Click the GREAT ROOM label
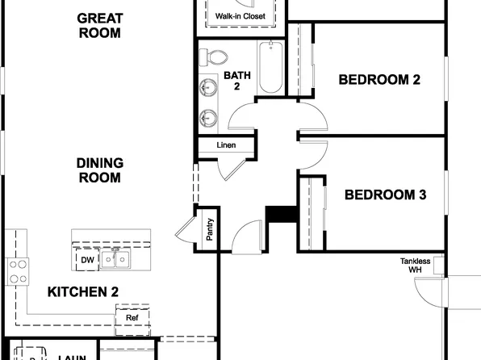(99, 26)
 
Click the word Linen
(226, 146)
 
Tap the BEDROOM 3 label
(385, 195)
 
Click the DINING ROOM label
(99, 170)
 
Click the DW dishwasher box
(86, 260)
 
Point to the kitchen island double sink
(118, 260)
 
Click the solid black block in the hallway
(278, 213)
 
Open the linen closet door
(231, 168)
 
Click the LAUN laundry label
(70, 356)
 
